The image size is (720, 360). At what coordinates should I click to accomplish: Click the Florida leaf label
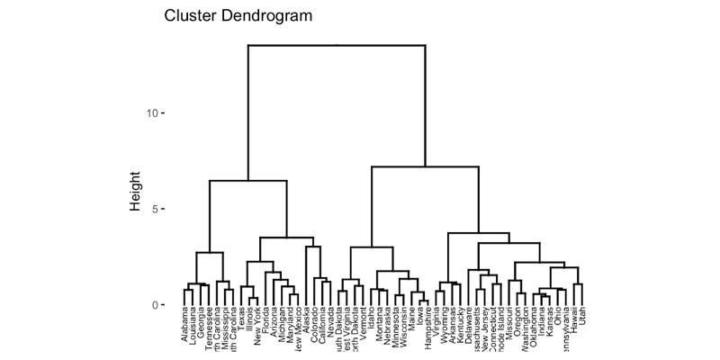click(267, 325)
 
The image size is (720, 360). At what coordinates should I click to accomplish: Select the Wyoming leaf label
click(444, 328)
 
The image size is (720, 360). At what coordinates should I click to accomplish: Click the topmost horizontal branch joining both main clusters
click(336, 44)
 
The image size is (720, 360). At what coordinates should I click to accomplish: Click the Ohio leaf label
click(557, 319)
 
